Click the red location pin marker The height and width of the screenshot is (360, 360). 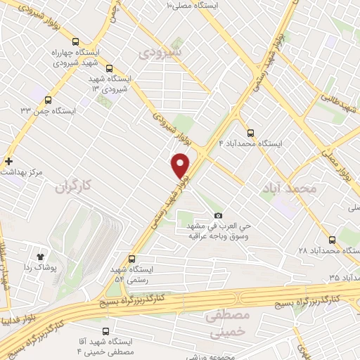tap(181, 165)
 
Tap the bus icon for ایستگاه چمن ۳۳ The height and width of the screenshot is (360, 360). tap(48, 100)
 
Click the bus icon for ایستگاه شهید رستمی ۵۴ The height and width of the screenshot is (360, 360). tap(132, 258)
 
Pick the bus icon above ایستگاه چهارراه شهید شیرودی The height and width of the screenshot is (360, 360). tap(76, 41)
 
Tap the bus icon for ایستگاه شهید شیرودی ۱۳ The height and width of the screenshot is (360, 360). tap(110, 68)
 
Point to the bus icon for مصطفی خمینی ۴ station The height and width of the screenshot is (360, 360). tap(105, 331)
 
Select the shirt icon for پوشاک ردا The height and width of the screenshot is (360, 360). tap(41, 257)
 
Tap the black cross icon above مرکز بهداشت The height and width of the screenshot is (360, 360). tap(8, 161)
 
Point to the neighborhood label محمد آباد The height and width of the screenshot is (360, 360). tap(288, 188)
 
